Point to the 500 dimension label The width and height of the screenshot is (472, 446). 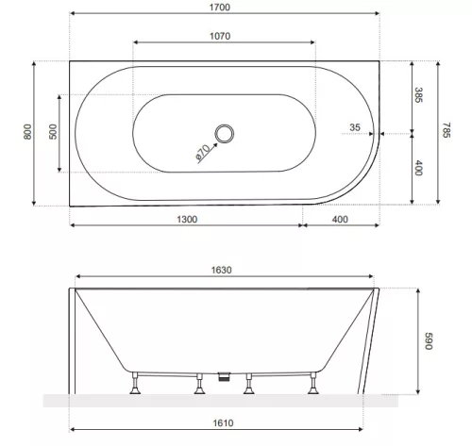coord(51,133)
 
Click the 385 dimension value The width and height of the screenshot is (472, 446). coord(419,95)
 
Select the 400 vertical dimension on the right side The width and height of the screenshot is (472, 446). coord(419,168)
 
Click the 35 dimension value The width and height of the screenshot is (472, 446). coord(354,125)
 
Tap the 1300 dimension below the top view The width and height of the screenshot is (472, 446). coord(186,219)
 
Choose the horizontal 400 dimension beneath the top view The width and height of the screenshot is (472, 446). coord(340,219)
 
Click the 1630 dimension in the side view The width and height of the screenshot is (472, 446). coord(221,270)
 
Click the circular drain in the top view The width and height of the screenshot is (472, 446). coord(225,134)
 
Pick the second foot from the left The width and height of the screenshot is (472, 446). coord(199,384)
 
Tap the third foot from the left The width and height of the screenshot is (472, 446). coord(249,384)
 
